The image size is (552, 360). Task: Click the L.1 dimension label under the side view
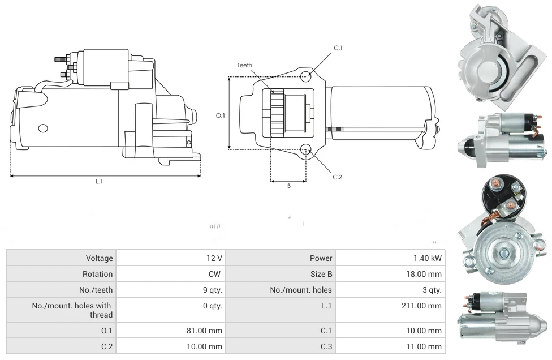[99, 182]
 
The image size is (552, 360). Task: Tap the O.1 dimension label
[221, 115]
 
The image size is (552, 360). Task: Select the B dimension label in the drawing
[288, 186]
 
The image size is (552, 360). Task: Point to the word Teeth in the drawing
[245, 65]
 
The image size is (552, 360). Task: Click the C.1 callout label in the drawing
[338, 48]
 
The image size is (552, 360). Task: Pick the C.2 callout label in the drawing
[338, 177]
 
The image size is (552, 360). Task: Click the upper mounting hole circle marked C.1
[306, 76]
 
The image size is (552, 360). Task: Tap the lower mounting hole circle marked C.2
[306, 149]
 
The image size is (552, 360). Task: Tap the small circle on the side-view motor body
[43, 128]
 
